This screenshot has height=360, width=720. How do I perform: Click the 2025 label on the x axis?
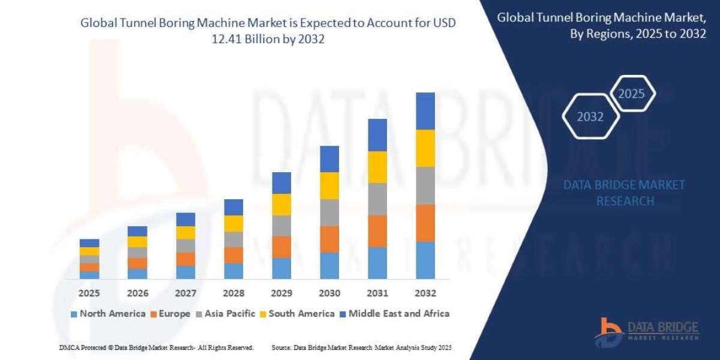tap(89, 293)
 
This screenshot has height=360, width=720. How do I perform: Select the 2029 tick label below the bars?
tap(281, 293)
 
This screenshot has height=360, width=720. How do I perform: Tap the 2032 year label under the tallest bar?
tap(425, 293)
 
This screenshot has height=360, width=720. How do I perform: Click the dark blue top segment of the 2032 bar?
tap(425, 111)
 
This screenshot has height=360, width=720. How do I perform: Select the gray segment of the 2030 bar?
tap(329, 212)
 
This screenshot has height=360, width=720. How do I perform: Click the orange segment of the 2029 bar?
tap(281, 247)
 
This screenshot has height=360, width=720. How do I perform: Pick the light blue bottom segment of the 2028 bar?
tap(233, 271)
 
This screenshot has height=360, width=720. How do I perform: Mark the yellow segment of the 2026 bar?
tap(137, 242)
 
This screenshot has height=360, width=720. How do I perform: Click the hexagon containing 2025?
tap(632, 94)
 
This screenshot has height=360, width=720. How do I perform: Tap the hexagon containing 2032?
tap(590, 117)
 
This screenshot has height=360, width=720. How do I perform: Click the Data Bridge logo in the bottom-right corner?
tap(647, 331)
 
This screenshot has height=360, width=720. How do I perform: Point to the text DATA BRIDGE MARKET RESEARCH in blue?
tap(624, 193)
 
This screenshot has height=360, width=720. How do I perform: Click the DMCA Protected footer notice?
tap(157, 347)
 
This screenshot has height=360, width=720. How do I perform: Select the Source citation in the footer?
tap(361, 347)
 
